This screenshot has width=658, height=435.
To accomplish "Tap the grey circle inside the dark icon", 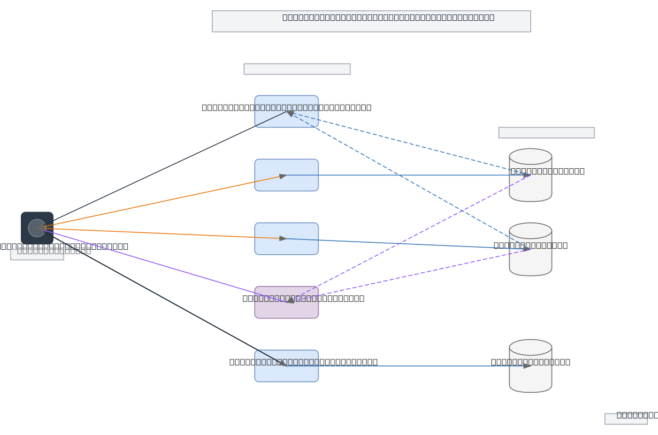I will [37, 228].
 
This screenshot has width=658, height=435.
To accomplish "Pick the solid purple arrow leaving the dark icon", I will [164, 265].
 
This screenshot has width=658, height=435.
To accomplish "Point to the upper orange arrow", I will [164, 201].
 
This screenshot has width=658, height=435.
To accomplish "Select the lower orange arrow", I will [164, 233].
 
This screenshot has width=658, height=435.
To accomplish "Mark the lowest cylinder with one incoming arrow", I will [530, 378].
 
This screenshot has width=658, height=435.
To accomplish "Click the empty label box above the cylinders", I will [546, 133].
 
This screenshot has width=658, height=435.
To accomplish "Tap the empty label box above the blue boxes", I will [297, 69].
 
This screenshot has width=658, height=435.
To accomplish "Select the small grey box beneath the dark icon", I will [37, 255].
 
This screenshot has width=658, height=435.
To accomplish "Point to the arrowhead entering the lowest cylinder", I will [527, 366].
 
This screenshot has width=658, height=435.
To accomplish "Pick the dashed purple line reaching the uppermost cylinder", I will [411, 236].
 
